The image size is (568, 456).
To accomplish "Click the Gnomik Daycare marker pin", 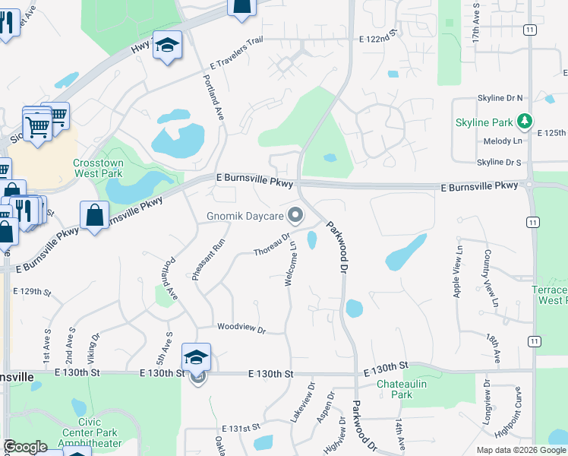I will point(298,215).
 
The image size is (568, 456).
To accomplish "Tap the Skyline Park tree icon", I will point(523,122).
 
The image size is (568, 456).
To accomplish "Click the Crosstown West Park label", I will point(98,169).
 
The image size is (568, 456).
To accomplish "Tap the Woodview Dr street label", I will point(241,329).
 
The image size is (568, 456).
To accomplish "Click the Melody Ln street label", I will point(503,141).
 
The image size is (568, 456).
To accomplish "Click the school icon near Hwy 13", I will point(167,46).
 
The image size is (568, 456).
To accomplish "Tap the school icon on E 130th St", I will point(196,356).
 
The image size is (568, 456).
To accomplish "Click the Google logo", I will point(25,447).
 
